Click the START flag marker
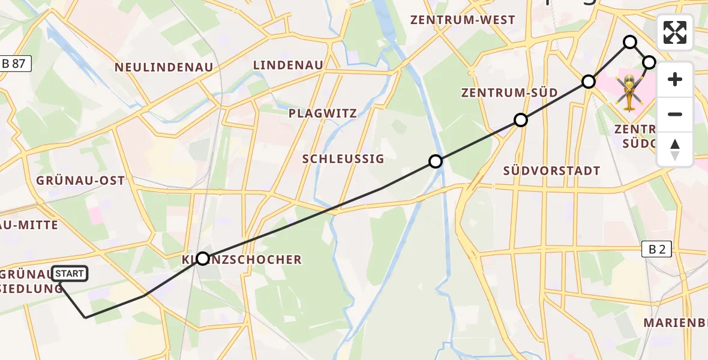(x=70, y=274)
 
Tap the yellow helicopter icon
(x=628, y=93)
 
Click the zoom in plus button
(x=675, y=80)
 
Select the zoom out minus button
(x=675, y=114)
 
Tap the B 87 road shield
(x=14, y=64)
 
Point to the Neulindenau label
(x=164, y=68)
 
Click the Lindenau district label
(x=288, y=65)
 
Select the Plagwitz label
(x=322, y=113)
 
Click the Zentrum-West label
(x=463, y=20)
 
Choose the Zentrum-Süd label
(x=509, y=92)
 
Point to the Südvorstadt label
(x=552, y=170)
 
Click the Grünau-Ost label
(x=80, y=181)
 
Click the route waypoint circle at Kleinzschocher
(x=203, y=259)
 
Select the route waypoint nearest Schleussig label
(x=436, y=161)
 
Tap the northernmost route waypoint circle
(x=630, y=42)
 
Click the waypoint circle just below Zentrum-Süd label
(x=521, y=120)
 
